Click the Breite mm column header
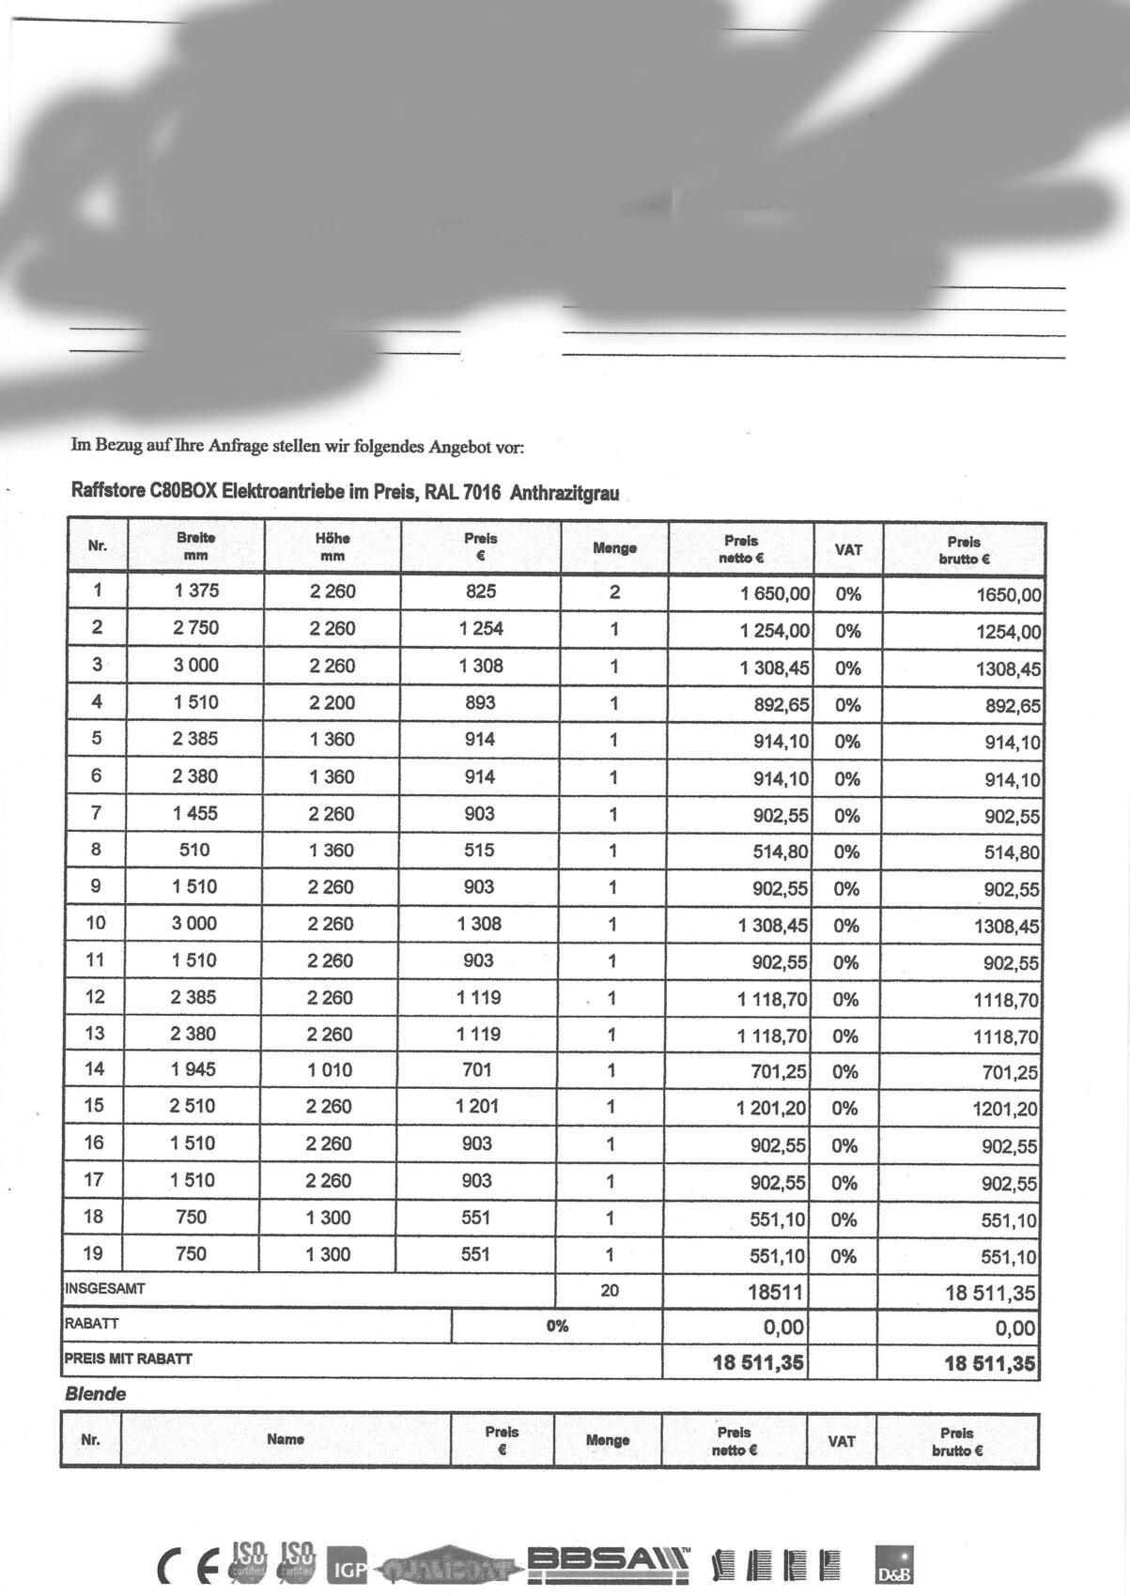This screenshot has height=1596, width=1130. pyautogui.click(x=195, y=546)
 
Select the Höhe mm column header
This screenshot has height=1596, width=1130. pyautogui.click(x=333, y=546)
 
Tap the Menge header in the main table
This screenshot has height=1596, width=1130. pyautogui.click(x=614, y=548)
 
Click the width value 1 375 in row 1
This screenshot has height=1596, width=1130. pyautogui.click(x=195, y=591)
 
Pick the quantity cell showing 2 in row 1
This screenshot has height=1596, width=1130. pyautogui.click(x=614, y=592)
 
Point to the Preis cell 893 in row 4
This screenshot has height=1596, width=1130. pyautogui.click(x=480, y=702)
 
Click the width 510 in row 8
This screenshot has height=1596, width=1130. pyautogui.click(x=194, y=850)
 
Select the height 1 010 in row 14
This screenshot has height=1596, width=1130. pyautogui.click(x=330, y=1069)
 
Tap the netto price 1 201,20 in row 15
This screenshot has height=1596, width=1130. pyautogui.click(x=772, y=1108)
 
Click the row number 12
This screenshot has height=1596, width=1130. pyautogui.click(x=95, y=996)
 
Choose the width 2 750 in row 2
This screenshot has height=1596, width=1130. pyautogui.click(x=195, y=628)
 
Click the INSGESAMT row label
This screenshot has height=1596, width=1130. pyautogui.click(x=105, y=1289)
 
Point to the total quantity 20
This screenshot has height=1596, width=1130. pyautogui.click(x=610, y=1291)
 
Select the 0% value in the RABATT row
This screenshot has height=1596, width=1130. pyautogui.click(x=557, y=1326)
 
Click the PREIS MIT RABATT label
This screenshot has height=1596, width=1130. pyautogui.click(x=128, y=1358)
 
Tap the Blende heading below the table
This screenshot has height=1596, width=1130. pyautogui.click(x=95, y=1394)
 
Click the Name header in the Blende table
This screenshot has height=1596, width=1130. pyautogui.click(x=286, y=1439)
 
